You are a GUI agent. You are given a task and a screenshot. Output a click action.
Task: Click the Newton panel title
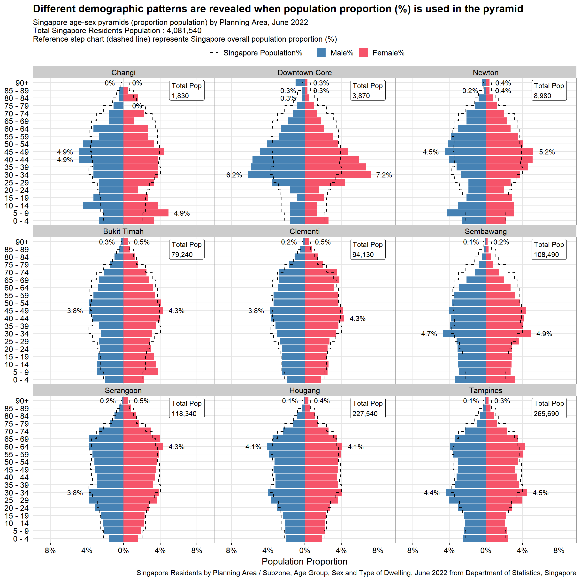pyautogui.click(x=485, y=73)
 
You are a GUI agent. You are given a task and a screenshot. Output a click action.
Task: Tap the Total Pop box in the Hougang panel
pyautogui.click(x=367, y=408)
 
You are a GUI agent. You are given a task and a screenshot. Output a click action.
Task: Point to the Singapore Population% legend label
pyautogui.click(x=262, y=53)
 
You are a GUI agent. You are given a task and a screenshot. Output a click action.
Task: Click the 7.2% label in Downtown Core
pyautogui.click(x=384, y=175)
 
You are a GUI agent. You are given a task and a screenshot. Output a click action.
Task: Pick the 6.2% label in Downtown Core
pyautogui.click(x=234, y=175)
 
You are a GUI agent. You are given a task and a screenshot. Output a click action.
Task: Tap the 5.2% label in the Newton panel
pyautogui.click(x=547, y=152)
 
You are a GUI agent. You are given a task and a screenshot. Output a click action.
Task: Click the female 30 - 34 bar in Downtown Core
pyautogui.click(x=337, y=175)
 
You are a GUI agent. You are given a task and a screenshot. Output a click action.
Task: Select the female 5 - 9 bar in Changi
pyautogui.click(x=146, y=213)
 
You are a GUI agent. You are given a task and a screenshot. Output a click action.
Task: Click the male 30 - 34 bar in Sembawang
pyautogui.click(x=464, y=334)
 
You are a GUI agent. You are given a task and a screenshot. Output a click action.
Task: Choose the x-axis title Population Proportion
pyautogui.click(x=304, y=561)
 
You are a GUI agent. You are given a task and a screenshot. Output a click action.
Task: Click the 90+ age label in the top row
pyautogui.click(x=22, y=83)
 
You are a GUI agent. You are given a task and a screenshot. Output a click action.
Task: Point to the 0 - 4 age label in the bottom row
pyautogui.click(x=21, y=539)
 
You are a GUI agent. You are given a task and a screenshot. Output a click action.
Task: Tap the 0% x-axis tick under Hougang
pyautogui.click(x=304, y=551)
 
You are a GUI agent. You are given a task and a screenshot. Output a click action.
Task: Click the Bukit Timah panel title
pyautogui.click(x=123, y=232)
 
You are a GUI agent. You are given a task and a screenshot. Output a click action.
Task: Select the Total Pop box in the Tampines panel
pyautogui.click(x=549, y=408)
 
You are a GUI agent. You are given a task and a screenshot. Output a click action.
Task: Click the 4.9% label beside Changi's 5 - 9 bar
pyautogui.click(x=182, y=213)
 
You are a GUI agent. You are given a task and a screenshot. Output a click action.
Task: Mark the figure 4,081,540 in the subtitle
pyautogui.click(x=184, y=31)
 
